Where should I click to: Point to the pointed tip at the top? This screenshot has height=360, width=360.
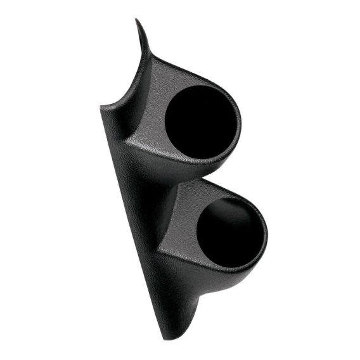click(137, 21)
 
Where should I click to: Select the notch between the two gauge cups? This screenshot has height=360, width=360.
click(180, 179)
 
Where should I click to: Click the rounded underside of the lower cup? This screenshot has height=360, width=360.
click(228, 274)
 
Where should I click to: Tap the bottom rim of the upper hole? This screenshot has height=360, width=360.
click(196, 158)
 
